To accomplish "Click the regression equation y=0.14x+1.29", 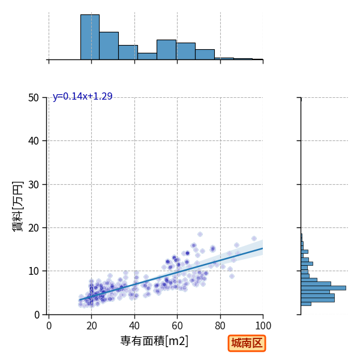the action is pos(83,97).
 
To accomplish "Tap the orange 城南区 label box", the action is pos(247,343).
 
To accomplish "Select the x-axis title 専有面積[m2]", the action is pos(154,341).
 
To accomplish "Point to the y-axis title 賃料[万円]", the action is pos(18,206).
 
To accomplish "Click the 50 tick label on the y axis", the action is pos(34,98).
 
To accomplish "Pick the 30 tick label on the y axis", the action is pos(34,185).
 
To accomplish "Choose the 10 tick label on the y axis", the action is pos(34,271).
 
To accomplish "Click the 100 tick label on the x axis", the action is pos(263,326).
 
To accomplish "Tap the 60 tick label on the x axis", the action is pos(177,326).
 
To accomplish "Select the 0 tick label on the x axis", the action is pos(49,326).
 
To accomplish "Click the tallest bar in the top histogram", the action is pos(90,37).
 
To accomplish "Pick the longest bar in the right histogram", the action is pos(323,288).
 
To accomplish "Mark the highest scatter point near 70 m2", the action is pos(200,235).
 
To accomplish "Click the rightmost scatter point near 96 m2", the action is pos(254,239).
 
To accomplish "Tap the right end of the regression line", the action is pos(263,248).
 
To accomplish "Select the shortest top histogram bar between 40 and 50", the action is pos(148,56).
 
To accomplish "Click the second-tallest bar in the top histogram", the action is pos(109,46).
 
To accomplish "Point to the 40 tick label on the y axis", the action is pos(34,141).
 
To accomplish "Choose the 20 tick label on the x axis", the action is pos(92,326).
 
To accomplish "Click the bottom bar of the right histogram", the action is pos(306,304).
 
